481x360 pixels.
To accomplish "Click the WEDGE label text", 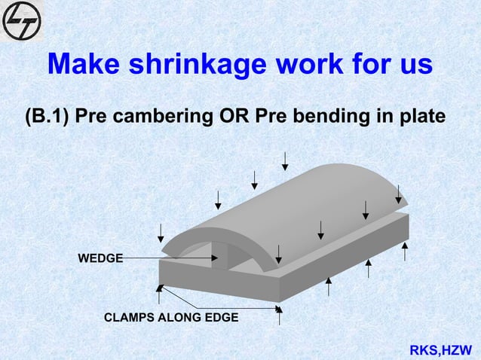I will coord(100,258).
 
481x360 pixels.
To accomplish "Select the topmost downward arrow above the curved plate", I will coord(285,160).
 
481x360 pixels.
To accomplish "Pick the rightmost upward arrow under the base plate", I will coord(405,251).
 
